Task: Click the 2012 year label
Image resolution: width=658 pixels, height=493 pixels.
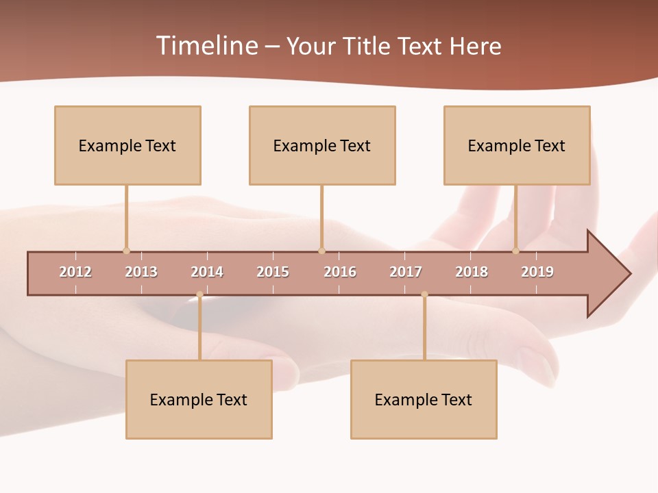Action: click(x=75, y=273)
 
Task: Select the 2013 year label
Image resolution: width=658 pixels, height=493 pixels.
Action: click(x=141, y=273)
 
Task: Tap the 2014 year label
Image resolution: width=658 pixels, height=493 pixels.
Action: click(x=207, y=273)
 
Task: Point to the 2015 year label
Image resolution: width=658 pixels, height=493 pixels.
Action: click(x=273, y=273)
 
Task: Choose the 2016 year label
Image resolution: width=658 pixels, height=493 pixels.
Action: click(x=340, y=273)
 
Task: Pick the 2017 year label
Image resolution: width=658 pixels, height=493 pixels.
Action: click(x=406, y=273)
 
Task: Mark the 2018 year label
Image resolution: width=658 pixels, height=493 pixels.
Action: click(x=472, y=273)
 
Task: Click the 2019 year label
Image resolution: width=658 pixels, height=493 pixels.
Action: click(x=537, y=273)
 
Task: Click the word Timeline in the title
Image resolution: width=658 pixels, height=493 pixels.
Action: click(x=206, y=46)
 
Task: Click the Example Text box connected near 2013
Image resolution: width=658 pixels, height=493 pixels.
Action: click(x=127, y=146)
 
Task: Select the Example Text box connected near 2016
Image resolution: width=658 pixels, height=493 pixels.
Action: click(x=322, y=146)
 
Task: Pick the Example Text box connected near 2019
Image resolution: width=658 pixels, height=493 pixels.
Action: click(x=517, y=146)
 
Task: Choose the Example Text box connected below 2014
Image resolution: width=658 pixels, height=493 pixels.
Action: click(x=199, y=400)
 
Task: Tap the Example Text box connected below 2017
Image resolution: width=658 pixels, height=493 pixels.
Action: click(x=424, y=400)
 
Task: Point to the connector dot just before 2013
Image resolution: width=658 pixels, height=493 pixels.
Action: click(x=126, y=251)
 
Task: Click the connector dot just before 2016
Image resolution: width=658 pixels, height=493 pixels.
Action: click(x=321, y=251)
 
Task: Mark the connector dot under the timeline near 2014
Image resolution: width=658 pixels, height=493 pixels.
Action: click(x=199, y=294)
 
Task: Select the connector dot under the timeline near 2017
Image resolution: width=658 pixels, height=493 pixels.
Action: click(x=424, y=294)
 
